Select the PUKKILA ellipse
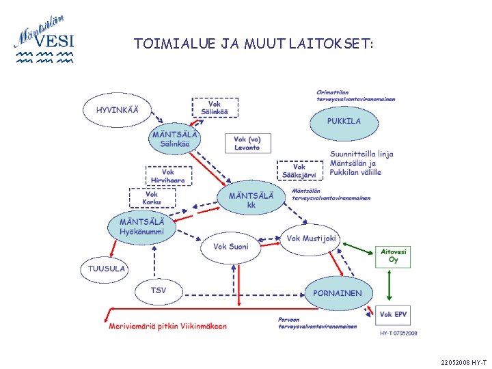pyautogui.click(x=343, y=122)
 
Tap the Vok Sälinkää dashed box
pyautogui.click(x=215, y=107)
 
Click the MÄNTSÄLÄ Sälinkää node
pyautogui.click(x=176, y=139)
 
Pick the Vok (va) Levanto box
pyautogui.click(x=247, y=143)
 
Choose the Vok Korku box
pyautogui.click(x=152, y=198)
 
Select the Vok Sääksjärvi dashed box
pyautogui.click(x=299, y=171)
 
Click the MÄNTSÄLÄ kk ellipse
pyautogui.click(x=251, y=200)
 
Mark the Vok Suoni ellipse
pyautogui.click(x=231, y=247)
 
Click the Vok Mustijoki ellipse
pyautogui.click(x=310, y=239)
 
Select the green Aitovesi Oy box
pyautogui.click(x=393, y=256)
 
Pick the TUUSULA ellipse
pyautogui.click(x=107, y=269)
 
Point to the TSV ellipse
pyautogui.click(x=159, y=291)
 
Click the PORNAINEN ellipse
pyautogui.click(x=338, y=293)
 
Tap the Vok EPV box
pyautogui.click(x=394, y=315)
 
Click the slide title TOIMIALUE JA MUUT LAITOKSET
pyautogui.click(x=254, y=44)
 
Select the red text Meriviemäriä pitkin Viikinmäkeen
pyautogui.click(x=167, y=327)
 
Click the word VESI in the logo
pyautogui.click(x=55, y=42)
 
